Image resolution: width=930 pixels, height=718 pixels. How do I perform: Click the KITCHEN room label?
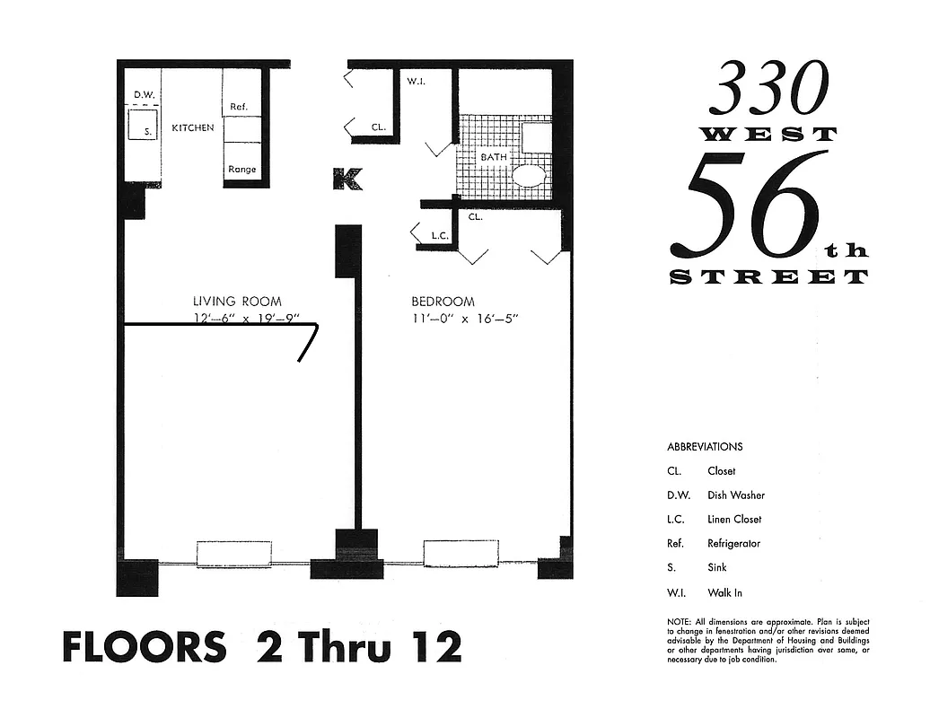pyautogui.click(x=193, y=127)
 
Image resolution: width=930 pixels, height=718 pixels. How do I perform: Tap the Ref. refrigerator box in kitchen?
pyautogui.click(x=240, y=106)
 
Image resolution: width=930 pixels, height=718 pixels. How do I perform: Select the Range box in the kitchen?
pyautogui.click(x=241, y=169)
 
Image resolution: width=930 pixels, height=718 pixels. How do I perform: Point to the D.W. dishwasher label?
pyautogui.click(x=144, y=94)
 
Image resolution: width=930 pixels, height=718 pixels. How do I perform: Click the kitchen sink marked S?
pyautogui.click(x=143, y=127)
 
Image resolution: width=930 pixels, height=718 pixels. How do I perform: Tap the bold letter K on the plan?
pyautogui.click(x=347, y=179)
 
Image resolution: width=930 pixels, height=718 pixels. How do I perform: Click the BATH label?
pyautogui.click(x=493, y=157)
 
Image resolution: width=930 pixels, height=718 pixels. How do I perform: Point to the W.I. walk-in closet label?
pyautogui.click(x=415, y=83)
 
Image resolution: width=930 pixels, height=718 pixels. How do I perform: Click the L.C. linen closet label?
pyautogui.click(x=439, y=236)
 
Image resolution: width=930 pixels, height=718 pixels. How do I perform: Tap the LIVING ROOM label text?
pyautogui.click(x=237, y=302)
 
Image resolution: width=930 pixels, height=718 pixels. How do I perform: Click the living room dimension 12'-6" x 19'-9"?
pyautogui.click(x=245, y=319)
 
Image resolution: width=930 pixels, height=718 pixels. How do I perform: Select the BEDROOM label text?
pyautogui.click(x=443, y=302)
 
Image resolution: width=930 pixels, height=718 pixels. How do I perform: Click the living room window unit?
pyautogui.click(x=233, y=553)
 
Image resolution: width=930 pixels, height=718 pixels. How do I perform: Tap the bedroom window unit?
pyautogui.click(x=461, y=553)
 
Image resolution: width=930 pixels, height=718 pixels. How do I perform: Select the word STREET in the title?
pyautogui.click(x=769, y=276)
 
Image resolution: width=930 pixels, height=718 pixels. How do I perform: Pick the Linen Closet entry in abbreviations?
pyautogui.click(x=734, y=519)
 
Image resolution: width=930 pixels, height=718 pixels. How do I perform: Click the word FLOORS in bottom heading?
pyautogui.click(x=144, y=646)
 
